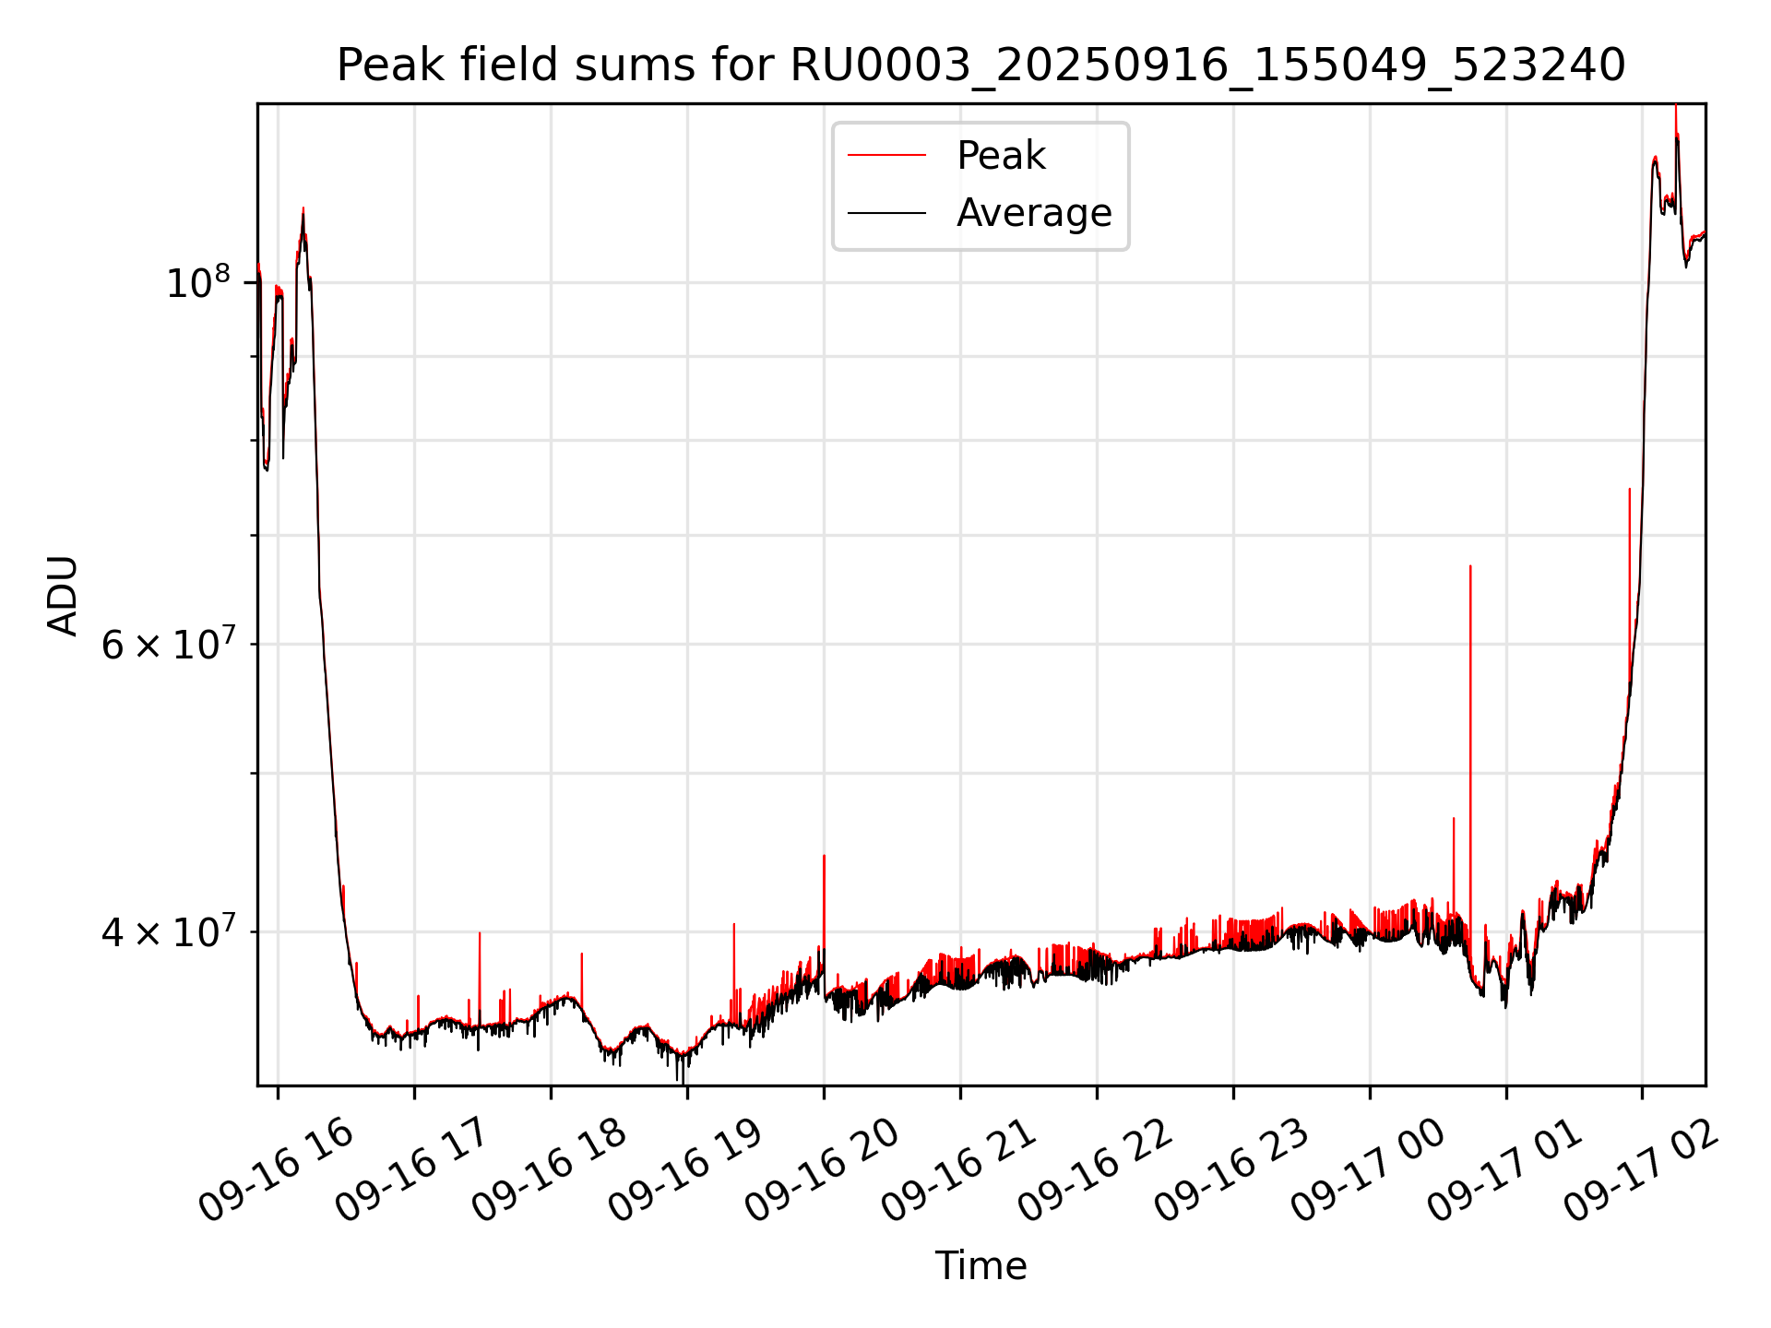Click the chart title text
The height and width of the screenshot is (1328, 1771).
tap(981, 65)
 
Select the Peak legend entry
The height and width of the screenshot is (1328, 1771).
tap(1001, 156)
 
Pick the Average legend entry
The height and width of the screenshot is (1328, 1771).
tap(1033, 213)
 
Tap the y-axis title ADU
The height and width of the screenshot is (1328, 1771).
tap(63, 596)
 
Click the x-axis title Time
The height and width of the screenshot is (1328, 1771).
tap(981, 1266)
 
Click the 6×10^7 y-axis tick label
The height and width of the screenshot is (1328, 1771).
tap(168, 645)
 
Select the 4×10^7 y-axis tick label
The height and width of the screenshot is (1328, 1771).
tap(168, 932)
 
